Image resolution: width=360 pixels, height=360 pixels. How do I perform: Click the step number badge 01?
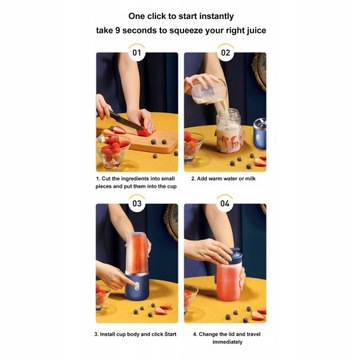pyautogui.click(x=137, y=53)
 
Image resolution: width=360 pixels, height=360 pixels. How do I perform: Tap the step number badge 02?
pyautogui.click(x=225, y=53)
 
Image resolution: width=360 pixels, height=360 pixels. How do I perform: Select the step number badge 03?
pyautogui.click(x=137, y=203)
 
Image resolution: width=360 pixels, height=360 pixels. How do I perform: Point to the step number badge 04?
pyautogui.click(x=225, y=203)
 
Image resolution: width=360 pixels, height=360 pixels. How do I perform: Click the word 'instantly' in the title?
pyautogui.click(x=216, y=16)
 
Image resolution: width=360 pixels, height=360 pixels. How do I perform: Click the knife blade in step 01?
pyautogui.click(x=126, y=120)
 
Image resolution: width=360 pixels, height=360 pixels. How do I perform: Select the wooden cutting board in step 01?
pyautogui.click(x=149, y=140)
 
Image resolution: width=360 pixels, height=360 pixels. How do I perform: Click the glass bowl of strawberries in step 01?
pyautogui.click(x=112, y=150)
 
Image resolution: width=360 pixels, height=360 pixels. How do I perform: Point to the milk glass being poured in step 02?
pyautogui.click(x=208, y=92)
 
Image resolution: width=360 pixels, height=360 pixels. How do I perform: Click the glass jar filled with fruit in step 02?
pyautogui.click(x=229, y=131)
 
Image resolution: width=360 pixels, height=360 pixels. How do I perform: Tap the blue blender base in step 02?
pyautogui.click(x=259, y=133)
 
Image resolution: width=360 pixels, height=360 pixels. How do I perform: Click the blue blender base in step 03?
pyautogui.click(x=137, y=286)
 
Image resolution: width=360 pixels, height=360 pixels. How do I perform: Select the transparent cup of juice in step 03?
pyautogui.click(x=137, y=252)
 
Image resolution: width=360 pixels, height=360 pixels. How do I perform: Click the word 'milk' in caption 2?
pyautogui.click(x=251, y=179)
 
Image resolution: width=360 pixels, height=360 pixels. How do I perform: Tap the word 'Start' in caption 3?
pyautogui.click(x=170, y=334)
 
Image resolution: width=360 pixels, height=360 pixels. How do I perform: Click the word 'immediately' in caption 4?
pyautogui.click(x=226, y=342)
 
